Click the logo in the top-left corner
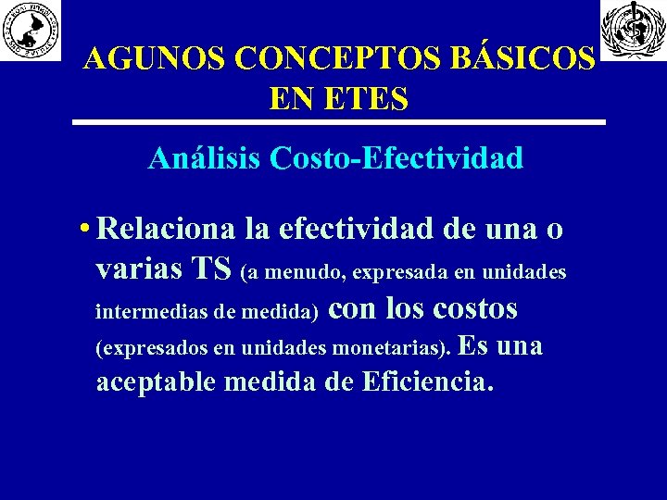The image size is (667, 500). [x=31, y=31]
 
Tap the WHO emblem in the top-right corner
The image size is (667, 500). [x=633, y=30]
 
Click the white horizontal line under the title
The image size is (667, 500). [x=339, y=122]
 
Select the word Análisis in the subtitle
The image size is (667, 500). [x=204, y=158]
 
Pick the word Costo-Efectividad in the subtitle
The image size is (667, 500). [x=396, y=158]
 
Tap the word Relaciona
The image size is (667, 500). [x=163, y=228]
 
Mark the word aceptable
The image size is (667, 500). [x=156, y=381]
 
